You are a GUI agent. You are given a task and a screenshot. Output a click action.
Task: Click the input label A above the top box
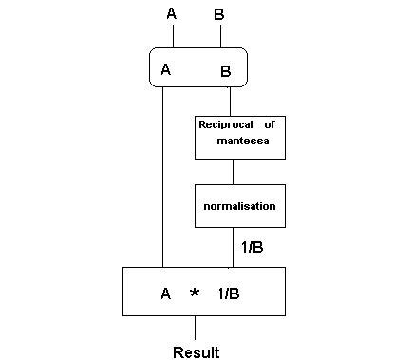(172, 13)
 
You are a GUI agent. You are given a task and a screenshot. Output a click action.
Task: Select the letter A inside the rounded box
(166, 69)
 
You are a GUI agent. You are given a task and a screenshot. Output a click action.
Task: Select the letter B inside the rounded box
(226, 70)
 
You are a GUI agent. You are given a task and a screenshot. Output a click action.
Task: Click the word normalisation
(239, 205)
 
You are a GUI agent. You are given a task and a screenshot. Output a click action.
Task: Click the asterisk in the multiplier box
(195, 294)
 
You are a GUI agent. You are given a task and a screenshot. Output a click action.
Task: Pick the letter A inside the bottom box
(165, 294)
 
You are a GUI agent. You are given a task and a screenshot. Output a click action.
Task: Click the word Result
(197, 352)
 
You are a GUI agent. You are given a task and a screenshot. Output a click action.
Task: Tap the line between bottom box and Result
(196, 328)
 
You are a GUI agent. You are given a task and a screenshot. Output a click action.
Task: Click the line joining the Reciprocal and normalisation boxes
(234, 172)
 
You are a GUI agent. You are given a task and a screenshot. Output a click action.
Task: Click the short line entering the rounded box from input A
(174, 36)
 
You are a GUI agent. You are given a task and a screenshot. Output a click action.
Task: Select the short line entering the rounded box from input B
(221, 36)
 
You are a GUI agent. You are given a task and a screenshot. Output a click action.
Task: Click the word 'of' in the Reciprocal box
(269, 123)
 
